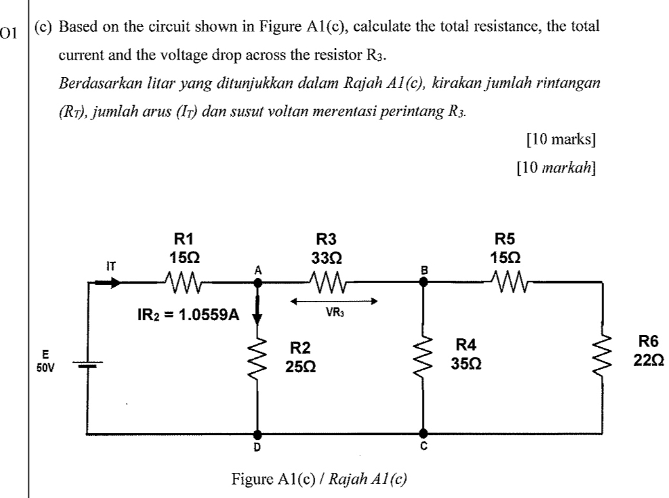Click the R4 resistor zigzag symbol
click(423, 360)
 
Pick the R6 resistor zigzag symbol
click(602, 360)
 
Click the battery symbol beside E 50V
click(87, 365)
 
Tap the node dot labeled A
click(258, 282)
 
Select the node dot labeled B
click(423, 282)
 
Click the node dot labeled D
click(258, 434)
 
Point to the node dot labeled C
click(423, 434)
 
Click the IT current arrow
click(112, 281)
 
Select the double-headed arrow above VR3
click(331, 300)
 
